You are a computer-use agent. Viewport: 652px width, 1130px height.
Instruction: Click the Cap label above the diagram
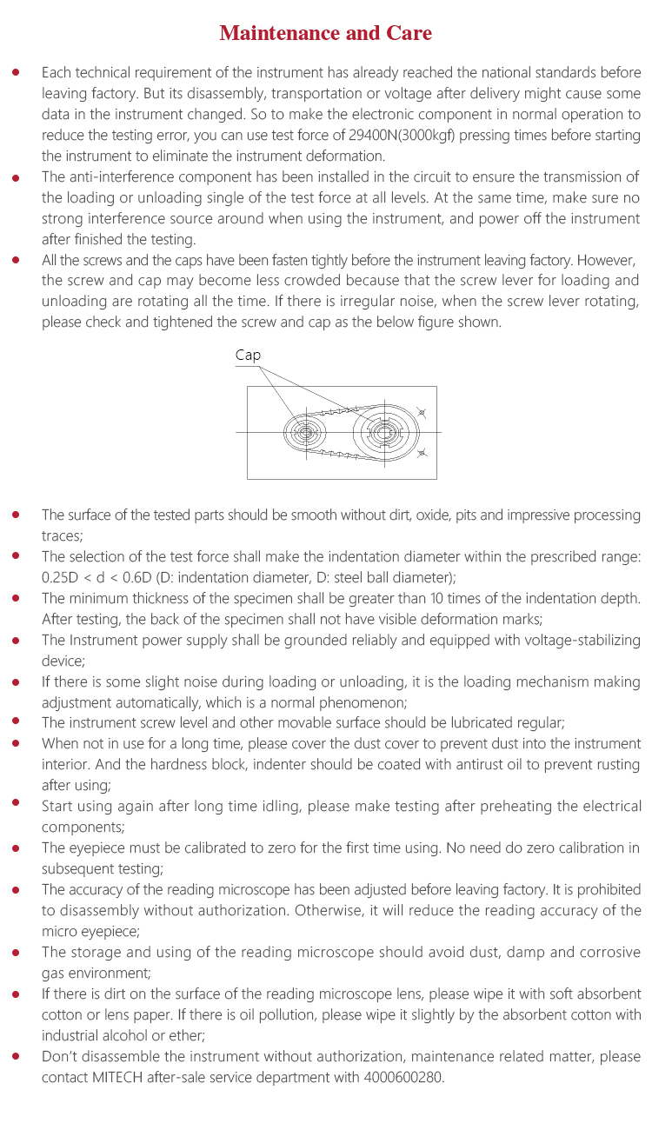tap(248, 356)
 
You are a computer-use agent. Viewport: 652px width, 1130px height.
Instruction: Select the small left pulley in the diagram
tap(305, 431)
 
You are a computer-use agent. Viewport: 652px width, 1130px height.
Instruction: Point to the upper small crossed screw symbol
tap(422, 410)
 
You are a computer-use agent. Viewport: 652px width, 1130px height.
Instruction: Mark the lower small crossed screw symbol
tap(422, 453)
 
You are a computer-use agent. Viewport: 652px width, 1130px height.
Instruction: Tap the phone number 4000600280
tap(409, 1077)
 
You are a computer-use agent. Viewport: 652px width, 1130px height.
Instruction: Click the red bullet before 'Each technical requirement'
tap(16, 72)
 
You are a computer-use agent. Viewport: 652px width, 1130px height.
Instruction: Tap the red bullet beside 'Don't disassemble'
tap(16, 1056)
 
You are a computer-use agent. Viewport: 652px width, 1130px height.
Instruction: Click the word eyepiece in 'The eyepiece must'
tap(96, 847)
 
